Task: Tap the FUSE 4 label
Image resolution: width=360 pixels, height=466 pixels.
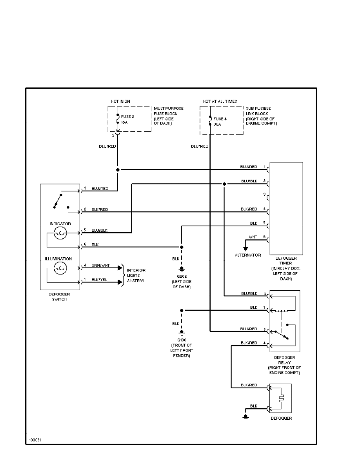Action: pos(220,118)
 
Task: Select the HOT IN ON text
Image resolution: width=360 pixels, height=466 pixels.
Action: pos(120,101)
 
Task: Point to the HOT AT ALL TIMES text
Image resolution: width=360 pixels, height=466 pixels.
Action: pos(220,101)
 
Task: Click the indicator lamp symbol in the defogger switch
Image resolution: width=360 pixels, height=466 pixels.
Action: pos(60,234)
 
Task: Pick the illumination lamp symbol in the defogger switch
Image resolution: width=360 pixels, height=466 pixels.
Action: pos(60,268)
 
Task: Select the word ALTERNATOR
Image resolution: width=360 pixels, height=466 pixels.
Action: pos(247,255)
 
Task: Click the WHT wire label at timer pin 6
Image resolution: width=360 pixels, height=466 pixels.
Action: pos(253,237)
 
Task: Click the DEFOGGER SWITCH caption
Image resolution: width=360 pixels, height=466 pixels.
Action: pos(60,297)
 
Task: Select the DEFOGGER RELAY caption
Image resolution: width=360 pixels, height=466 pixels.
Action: pos(285,360)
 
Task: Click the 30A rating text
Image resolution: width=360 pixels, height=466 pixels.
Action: pos(218,124)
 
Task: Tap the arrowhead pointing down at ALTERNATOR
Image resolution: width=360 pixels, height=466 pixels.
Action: pos(245,248)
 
